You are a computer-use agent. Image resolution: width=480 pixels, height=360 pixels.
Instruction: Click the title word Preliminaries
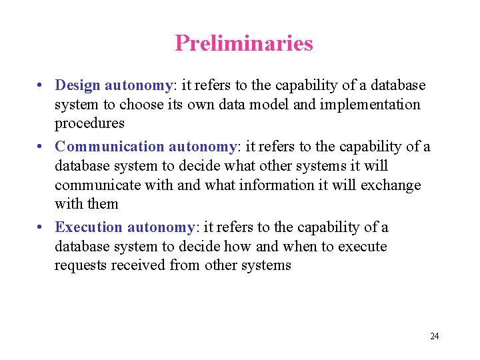click(243, 43)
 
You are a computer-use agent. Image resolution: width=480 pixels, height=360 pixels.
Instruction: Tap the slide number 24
click(435, 336)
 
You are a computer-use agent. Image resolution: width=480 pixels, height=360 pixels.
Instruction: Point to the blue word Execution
click(89, 227)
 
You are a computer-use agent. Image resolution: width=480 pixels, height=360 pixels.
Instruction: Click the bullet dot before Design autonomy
click(41, 86)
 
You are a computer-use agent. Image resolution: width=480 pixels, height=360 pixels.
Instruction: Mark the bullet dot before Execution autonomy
click(41, 228)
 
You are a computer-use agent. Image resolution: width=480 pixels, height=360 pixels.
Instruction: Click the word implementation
click(373, 105)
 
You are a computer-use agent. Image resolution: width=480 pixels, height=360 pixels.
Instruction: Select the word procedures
click(89, 123)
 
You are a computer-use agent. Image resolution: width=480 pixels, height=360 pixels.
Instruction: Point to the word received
click(138, 265)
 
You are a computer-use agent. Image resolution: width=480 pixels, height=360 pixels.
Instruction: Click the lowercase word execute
click(361, 247)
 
